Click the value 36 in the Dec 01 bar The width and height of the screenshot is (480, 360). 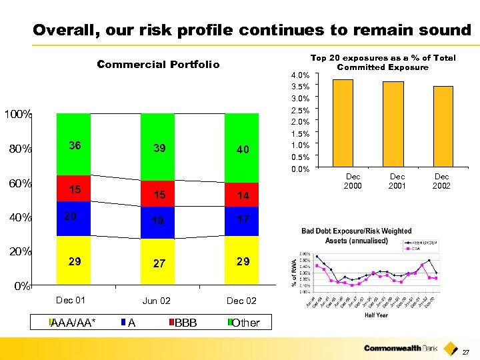[x=75, y=146]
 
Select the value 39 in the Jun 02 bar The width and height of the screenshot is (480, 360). [x=159, y=149]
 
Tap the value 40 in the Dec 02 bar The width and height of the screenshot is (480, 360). [x=242, y=150]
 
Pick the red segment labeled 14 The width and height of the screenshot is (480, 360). [x=242, y=196]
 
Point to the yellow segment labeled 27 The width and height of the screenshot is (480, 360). [x=159, y=263]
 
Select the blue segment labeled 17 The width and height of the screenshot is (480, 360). [x=242, y=219]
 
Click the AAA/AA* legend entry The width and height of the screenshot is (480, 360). [x=73, y=323]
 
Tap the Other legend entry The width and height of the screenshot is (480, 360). [x=244, y=323]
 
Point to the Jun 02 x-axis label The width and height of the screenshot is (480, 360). [x=156, y=301]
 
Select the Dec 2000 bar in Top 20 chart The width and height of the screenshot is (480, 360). [x=343, y=123]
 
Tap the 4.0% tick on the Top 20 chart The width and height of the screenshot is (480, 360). [x=301, y=75]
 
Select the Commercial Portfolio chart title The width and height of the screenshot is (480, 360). [x=158, y=65]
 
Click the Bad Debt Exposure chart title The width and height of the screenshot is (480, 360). [x=356, y=235]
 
